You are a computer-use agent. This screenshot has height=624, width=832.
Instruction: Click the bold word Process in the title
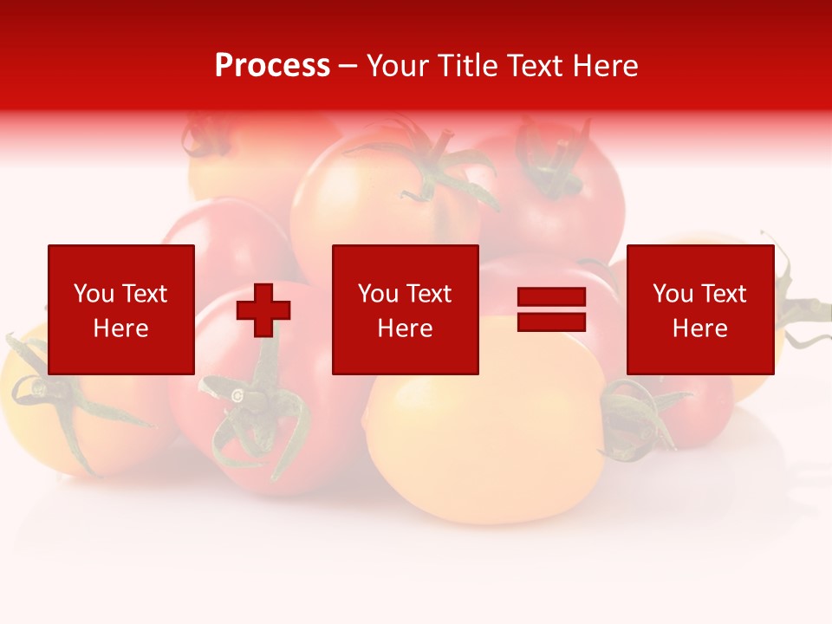(272, 66)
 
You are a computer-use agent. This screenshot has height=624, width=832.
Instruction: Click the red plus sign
(263, 309)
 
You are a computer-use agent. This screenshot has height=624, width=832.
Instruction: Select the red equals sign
(551, 309)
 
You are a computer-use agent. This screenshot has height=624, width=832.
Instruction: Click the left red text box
(121, 309)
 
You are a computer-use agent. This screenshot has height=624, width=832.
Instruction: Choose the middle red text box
(405, 309)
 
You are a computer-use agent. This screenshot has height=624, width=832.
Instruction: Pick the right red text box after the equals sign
(699, 309)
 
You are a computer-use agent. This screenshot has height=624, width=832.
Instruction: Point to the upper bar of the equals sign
(551, 297)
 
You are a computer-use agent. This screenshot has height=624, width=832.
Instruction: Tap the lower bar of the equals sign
(551, 322)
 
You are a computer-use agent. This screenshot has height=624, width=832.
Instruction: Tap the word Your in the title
(398, 66)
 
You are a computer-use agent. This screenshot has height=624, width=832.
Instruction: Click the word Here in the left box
(121, 328)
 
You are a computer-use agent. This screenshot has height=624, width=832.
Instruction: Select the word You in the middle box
(378, 294)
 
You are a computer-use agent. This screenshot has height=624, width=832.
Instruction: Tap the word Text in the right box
(725, 294)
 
